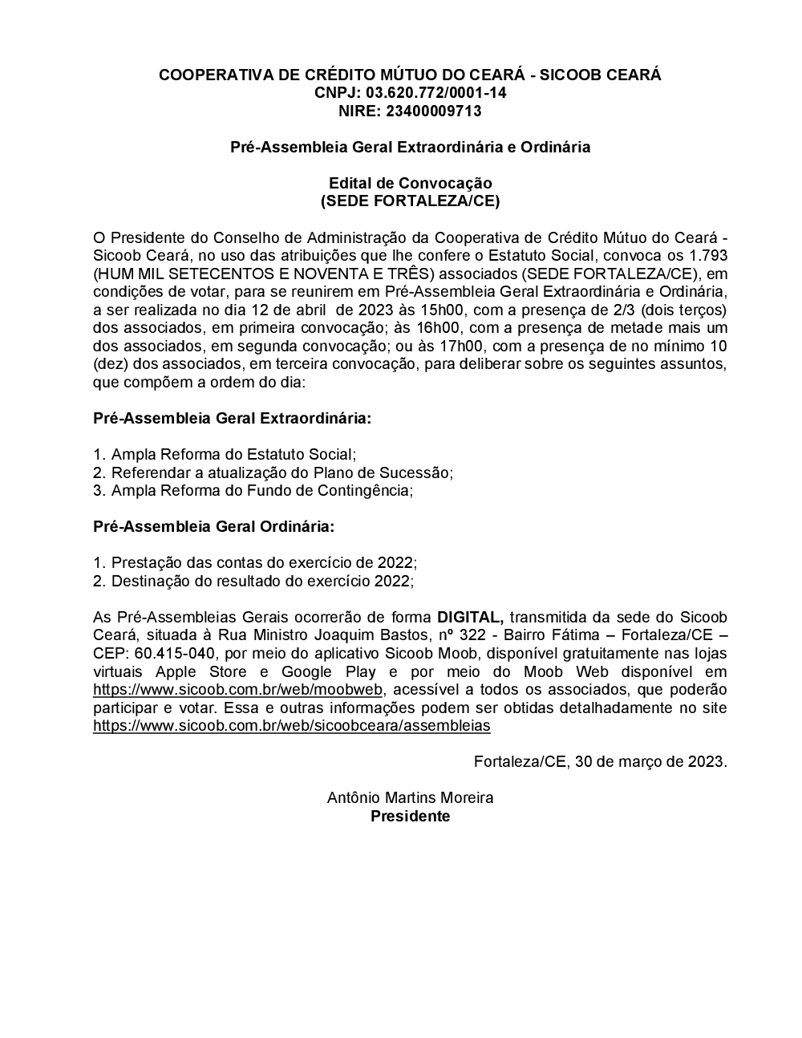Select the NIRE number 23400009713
(x=433, y=111)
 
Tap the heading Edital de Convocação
(x=410, y=183)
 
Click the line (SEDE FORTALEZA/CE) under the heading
(x=410, y=201)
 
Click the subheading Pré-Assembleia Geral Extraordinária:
(x=233, y=419)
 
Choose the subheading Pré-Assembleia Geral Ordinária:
(x=213, y=527)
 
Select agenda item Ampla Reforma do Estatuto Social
(x=233, y=455)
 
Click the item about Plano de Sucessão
(x=282, y=473)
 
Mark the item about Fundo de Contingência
(x=261, y=491)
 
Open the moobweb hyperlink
(x=238, y=690)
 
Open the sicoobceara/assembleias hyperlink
(x=291, y=726)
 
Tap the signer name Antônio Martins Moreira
(x=410, y=798)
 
